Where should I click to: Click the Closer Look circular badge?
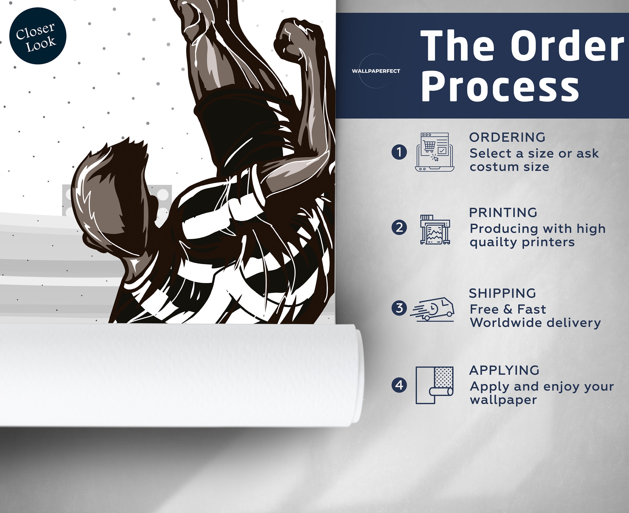pyautogui.click(x=38, y=36)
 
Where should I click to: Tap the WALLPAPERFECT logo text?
pyautogui.click(x=376, y=71)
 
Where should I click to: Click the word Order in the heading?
pyautogui.click(x=569, y=46)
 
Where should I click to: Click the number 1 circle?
pyautogui.click(x=399, y=152)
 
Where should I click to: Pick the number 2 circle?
pyautogui.click(x=399, y=228)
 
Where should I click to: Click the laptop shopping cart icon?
pyautogui.click(x=434, y=152)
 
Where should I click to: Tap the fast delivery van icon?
pyautogui.click(x=432, y=309)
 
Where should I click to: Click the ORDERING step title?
pyautogui.click(x=507, y=137)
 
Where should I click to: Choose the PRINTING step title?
pyautogui.click(x=503, y=213)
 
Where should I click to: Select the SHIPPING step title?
pyautogui.click(x=503, y=293)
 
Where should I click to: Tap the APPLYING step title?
pyautogui.click(x=504, y=370)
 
